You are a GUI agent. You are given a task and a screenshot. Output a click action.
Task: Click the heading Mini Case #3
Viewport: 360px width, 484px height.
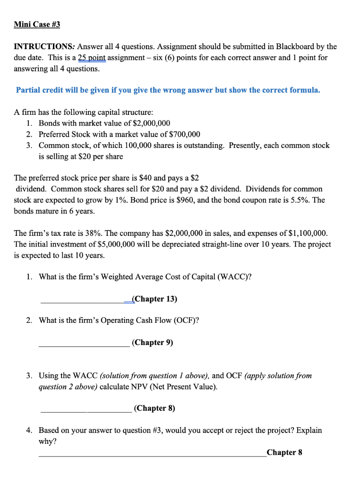tap(37, 24)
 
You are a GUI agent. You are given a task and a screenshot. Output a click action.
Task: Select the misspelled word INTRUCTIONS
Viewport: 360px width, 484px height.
tap(44, 46)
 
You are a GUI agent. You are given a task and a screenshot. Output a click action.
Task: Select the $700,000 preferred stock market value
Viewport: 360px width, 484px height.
tap(184, 134)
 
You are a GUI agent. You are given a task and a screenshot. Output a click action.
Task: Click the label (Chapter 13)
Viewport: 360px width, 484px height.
tap(155, 299)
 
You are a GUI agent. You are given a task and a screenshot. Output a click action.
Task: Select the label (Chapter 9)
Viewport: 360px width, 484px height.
tap(153, 342)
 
